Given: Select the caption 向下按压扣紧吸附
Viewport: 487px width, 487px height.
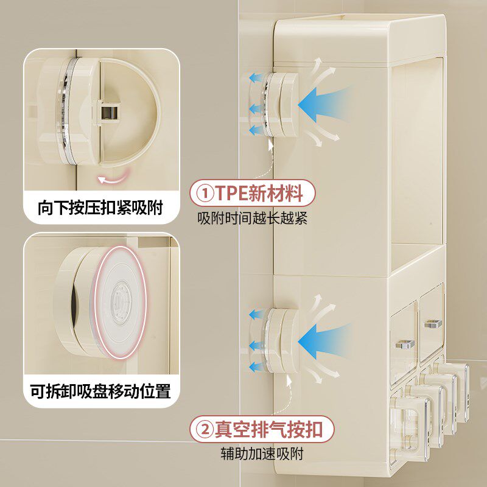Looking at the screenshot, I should click(x=100, y=208).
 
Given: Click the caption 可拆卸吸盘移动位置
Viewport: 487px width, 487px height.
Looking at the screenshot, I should click(x=100, y=390).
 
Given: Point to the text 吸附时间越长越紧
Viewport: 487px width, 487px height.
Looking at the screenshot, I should click(x=252, y=219).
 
